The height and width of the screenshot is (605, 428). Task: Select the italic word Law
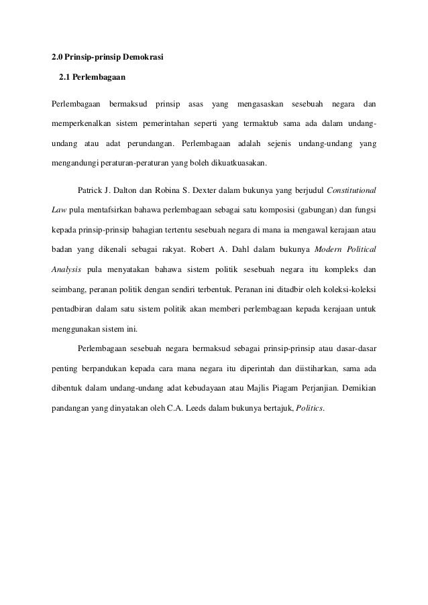pyautogui.click(x=59, y=209)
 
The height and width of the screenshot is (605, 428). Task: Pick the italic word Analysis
pyautogui.click(x=66, y=270)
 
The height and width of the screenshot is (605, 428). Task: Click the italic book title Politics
pyautogui.click(x=309, y=409)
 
